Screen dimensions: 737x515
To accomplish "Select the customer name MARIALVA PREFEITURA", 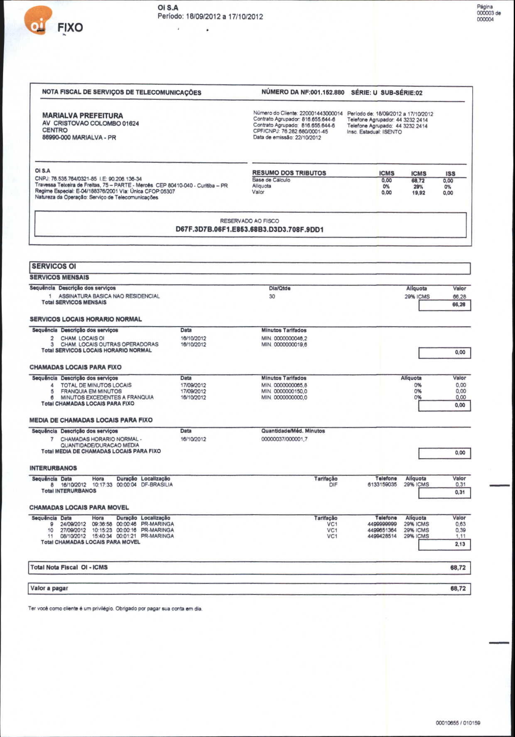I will pyautogui.click(x=82, y=115).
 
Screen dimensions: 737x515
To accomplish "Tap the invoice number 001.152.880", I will pyautogui.click(x=327, y=92).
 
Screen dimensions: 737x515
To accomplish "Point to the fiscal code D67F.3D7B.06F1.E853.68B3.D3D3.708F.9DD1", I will pyautogui.click(x=249, y=229).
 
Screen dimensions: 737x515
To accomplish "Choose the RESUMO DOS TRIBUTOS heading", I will pyautogui.click(x=289, y=173).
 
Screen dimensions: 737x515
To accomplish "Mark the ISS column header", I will pyautogui.click(x=450, y=174).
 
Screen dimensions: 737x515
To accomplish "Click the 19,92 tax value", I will pyautogui.click(x=418, y=193).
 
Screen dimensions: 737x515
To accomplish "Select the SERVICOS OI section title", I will pyautogui.click(x=54, y=266).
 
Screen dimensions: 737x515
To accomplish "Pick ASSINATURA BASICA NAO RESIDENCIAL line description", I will pyautogui.click(x=109, y=296).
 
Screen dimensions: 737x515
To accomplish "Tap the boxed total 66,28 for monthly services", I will pyautogui.click(x=459, y=305).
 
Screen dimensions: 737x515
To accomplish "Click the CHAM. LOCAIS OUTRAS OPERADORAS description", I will pyautogui.click(x=109, y=344).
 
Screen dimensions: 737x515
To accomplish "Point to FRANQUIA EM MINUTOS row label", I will pyautogui.click(x=91, y=391).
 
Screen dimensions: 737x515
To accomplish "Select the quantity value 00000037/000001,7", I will pyautogui.click(x=284, y=439).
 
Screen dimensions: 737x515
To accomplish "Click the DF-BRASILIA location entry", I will pyautogui.click(x=157, y=485).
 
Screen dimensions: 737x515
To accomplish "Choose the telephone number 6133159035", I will pyautogui.click(x=382, y=485).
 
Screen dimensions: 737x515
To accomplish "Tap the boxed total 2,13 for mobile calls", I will pyautogui.click(x=460, y=544).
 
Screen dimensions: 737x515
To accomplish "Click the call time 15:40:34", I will pyautogui.click(x=102, y=536).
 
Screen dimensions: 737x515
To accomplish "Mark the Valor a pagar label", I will pyautogui.click(x=49, y=588).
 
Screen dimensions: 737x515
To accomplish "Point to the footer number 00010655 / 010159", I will pyautogui.click(x=458, y=723).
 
